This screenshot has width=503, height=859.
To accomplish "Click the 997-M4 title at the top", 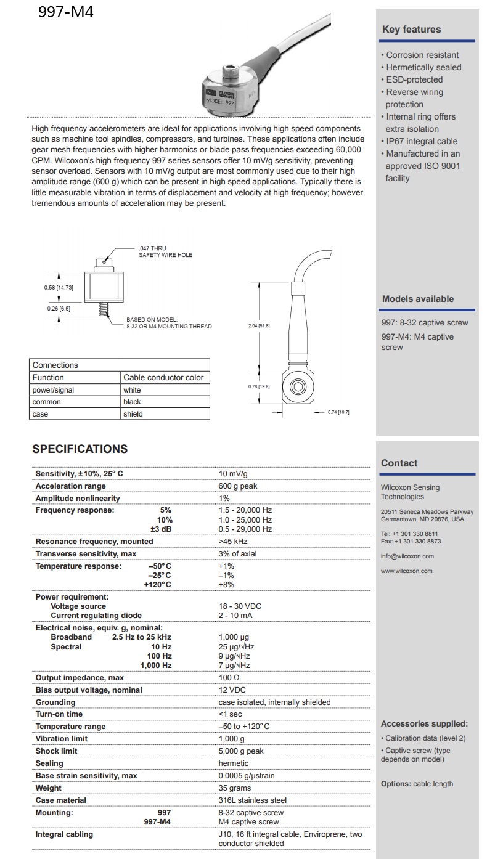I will coord(66,12).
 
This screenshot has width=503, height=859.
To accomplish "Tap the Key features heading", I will coord(411,30).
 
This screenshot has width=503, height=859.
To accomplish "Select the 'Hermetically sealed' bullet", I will coord(423,67).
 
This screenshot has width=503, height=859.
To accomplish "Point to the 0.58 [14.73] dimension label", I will coord(59,288).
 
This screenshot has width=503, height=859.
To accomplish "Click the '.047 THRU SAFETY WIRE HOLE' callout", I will coord(165,251).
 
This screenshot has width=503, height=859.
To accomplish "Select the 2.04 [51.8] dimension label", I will coord(258,325).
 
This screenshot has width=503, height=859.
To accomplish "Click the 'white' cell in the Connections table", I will coord(132,390).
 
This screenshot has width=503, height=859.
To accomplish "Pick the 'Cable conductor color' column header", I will coord(163,377).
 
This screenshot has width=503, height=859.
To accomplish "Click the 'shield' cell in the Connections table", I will coord(133,414).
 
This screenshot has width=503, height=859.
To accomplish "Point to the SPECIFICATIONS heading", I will coord(80,449).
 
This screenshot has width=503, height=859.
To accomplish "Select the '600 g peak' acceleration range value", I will coord(238,486).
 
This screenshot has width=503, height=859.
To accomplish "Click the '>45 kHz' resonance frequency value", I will coord(233,542).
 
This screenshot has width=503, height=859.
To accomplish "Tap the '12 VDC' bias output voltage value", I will coord(232,690).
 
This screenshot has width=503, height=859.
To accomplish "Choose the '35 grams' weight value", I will coord(235,788).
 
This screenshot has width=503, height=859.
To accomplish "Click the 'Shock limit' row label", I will coord(57,751).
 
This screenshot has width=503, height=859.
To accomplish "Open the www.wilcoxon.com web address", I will coord(406,571).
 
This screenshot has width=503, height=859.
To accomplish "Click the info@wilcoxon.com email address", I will coord(407,556).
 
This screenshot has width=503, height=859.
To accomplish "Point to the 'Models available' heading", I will coord(417,299).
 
